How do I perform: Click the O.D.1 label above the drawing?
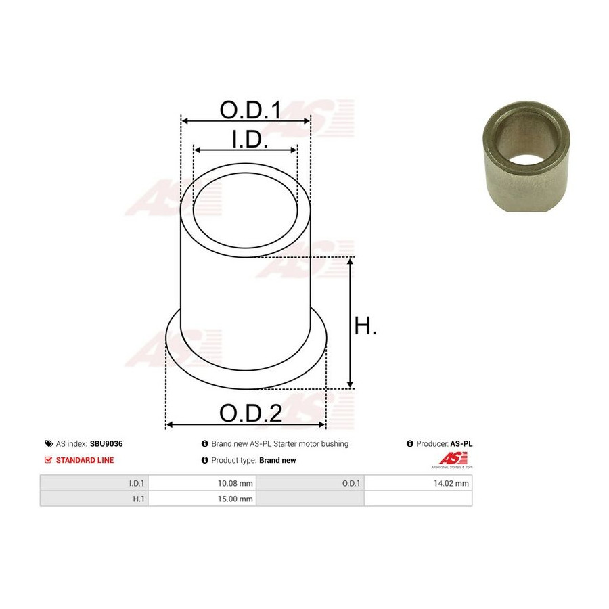[250, 110]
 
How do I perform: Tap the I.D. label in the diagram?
[250, 139]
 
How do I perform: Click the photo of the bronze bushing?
[526, 156]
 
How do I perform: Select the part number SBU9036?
[106, 443]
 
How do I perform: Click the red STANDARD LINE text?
[85, 460]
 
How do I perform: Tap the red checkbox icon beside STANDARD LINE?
[49, 460]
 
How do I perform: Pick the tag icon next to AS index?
[49, 443]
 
